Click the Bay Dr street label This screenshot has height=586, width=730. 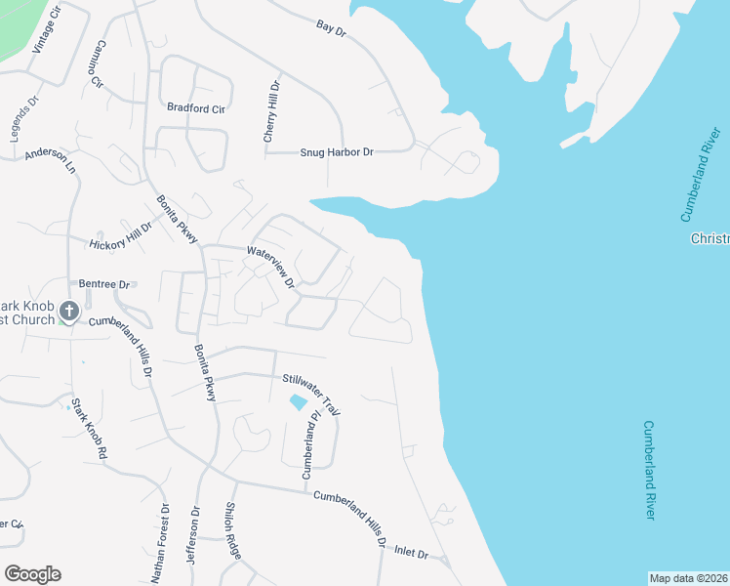click(x=332, y=27)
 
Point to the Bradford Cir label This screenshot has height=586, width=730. click(x=196, y=108)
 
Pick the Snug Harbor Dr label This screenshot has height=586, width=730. click(x=337, y=152)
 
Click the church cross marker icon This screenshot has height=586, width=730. click(x=68, y=312)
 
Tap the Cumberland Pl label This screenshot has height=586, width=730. click(x=311, y=447)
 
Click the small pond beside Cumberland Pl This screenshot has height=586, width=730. click(x=298, y=401)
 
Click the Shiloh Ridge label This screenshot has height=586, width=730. click(x=232, y=530)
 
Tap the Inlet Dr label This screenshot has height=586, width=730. click(x=411, y=553)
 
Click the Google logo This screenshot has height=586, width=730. click(x=32, y=574)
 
